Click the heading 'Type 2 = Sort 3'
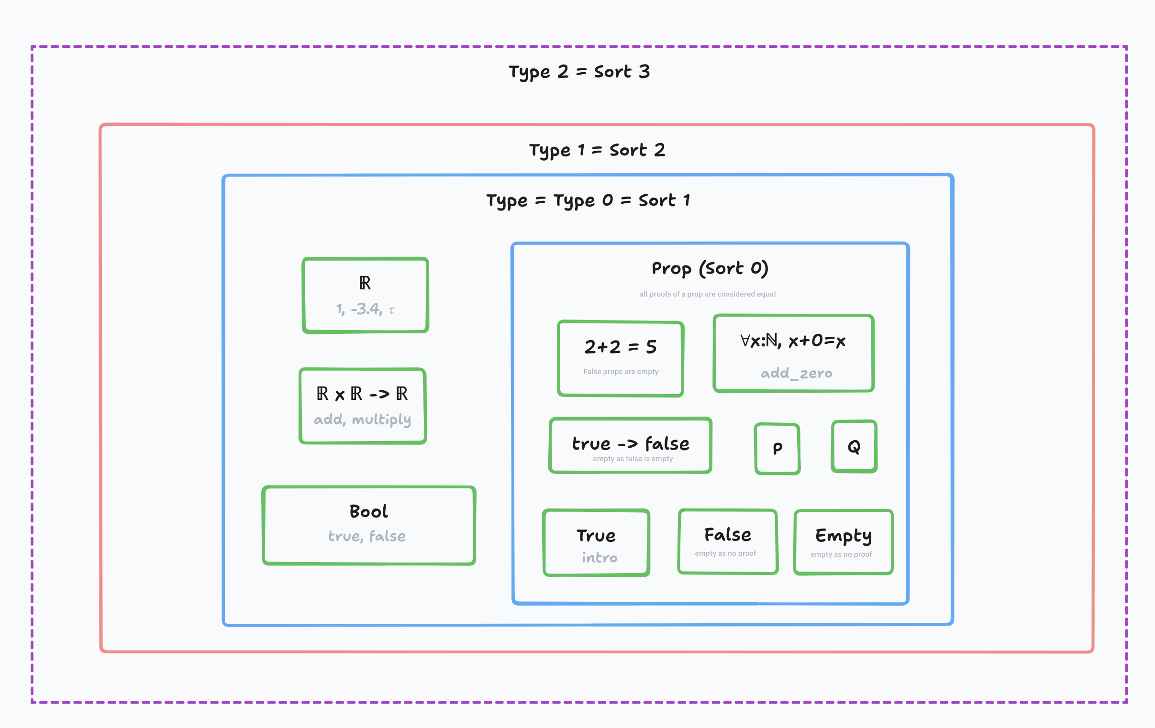tap(579, 72)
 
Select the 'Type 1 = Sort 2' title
tap(597, 150)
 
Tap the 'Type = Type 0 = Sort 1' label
tap(588, 200)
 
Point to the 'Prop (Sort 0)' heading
tap(710, 268)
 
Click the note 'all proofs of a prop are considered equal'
tap(708, 294)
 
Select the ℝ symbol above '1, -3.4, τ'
tap(365, 283)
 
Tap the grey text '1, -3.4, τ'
tap(366, 309)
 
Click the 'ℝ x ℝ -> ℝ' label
tap(362, 394)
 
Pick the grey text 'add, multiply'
tap(363, 419)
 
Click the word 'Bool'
tap(369, 511)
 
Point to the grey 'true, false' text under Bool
tap(367, 536)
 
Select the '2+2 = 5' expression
tap(621, 347)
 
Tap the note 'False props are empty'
tap(621, 372)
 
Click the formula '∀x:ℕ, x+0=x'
tap(793, 341)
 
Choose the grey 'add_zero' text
tap(797, 373)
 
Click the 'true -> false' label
tap(631, 443)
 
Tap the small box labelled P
tap(777, 449)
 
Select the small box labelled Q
tap(854, 446)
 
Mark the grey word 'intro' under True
tap(600, 558)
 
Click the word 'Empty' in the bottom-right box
tap(844, 536)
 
